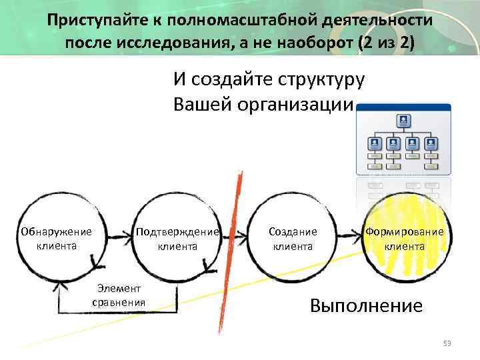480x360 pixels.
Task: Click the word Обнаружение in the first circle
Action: [56, 232]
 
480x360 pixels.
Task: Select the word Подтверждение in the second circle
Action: [177, 232]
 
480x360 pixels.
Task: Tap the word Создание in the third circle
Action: [293, 232]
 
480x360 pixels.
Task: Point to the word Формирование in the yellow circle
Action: [404, 232]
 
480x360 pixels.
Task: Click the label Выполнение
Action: [366, 306]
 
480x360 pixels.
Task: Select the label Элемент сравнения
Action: [119, 294]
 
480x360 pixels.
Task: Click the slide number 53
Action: [447, 343]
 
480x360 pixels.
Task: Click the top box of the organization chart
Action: [403, 121]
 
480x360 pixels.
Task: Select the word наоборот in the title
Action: [317, 43]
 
